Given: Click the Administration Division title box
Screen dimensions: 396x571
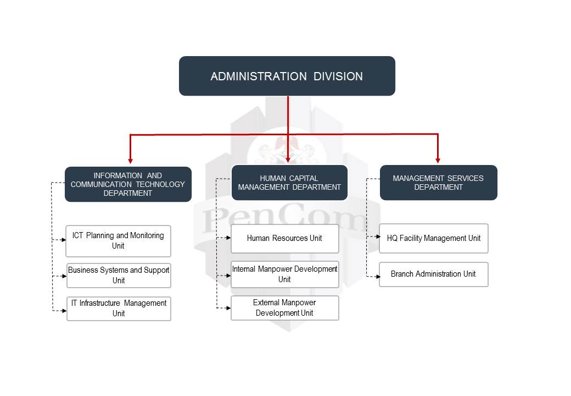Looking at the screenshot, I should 287,76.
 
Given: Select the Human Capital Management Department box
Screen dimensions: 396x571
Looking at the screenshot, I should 289,182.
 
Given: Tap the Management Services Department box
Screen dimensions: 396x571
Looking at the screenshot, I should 438,183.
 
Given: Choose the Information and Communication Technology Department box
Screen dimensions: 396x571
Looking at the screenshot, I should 128,184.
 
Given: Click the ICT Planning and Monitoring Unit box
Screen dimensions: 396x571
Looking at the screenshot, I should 118,240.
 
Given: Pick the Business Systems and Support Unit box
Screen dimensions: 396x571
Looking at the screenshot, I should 119,275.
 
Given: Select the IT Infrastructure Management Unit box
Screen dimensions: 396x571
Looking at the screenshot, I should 119,308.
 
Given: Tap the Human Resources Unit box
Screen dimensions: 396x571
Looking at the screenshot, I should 284,238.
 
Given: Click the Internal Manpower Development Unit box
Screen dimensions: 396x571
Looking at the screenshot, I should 284,274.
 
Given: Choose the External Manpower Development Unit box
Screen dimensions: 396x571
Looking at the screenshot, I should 284,307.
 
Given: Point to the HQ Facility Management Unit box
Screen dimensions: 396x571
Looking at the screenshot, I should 433,238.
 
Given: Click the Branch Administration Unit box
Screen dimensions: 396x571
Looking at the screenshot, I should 433,274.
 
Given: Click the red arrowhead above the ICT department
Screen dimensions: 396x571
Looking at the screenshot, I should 130,161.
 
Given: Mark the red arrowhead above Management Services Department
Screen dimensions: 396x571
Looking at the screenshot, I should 438,160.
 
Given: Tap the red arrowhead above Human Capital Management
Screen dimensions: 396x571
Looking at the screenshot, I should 288,160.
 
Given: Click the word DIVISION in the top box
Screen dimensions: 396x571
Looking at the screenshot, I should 338,76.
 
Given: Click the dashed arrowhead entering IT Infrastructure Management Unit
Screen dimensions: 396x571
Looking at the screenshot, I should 64,311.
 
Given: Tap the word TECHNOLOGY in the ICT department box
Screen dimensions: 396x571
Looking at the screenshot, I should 160,184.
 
